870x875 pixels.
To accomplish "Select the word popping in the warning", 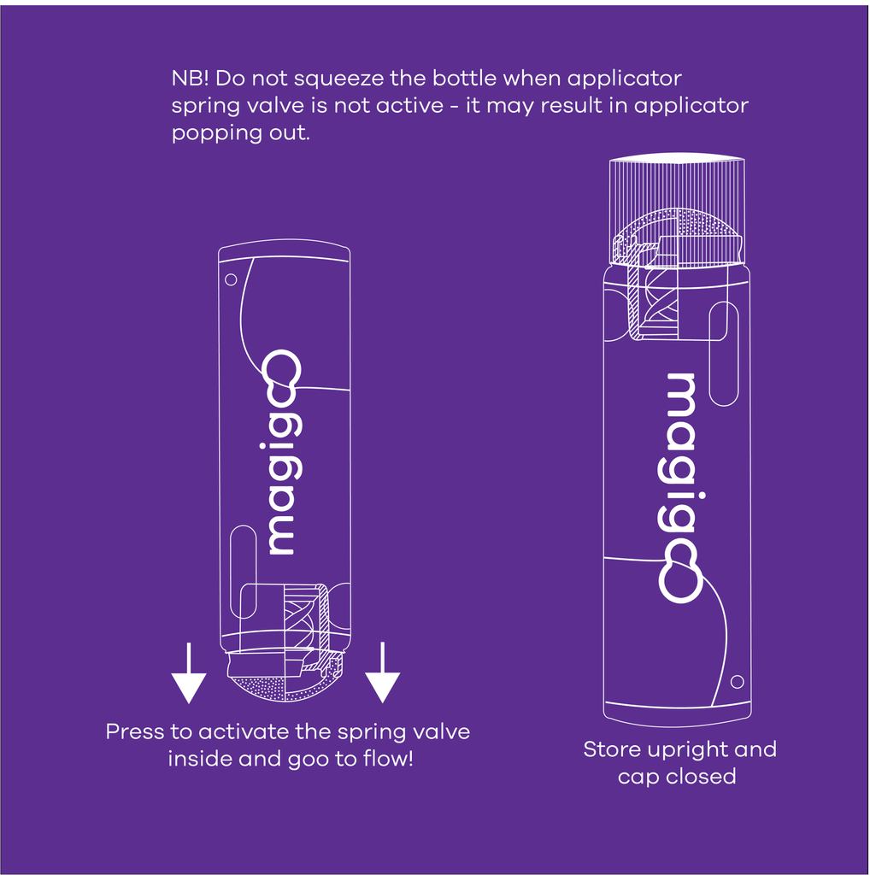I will (211, 134).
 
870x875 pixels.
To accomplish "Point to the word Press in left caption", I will (136, 732).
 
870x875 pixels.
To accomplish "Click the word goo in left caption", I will (298, 758).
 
